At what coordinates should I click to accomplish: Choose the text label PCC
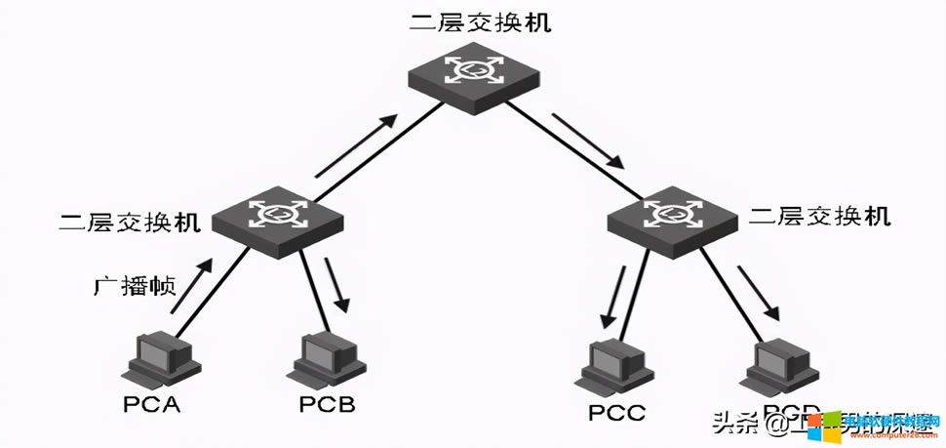616,413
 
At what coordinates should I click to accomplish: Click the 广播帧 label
135,286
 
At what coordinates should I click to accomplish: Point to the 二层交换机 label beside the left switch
130,222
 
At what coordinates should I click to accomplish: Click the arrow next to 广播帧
191,287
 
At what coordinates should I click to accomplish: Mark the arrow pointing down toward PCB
336,283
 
